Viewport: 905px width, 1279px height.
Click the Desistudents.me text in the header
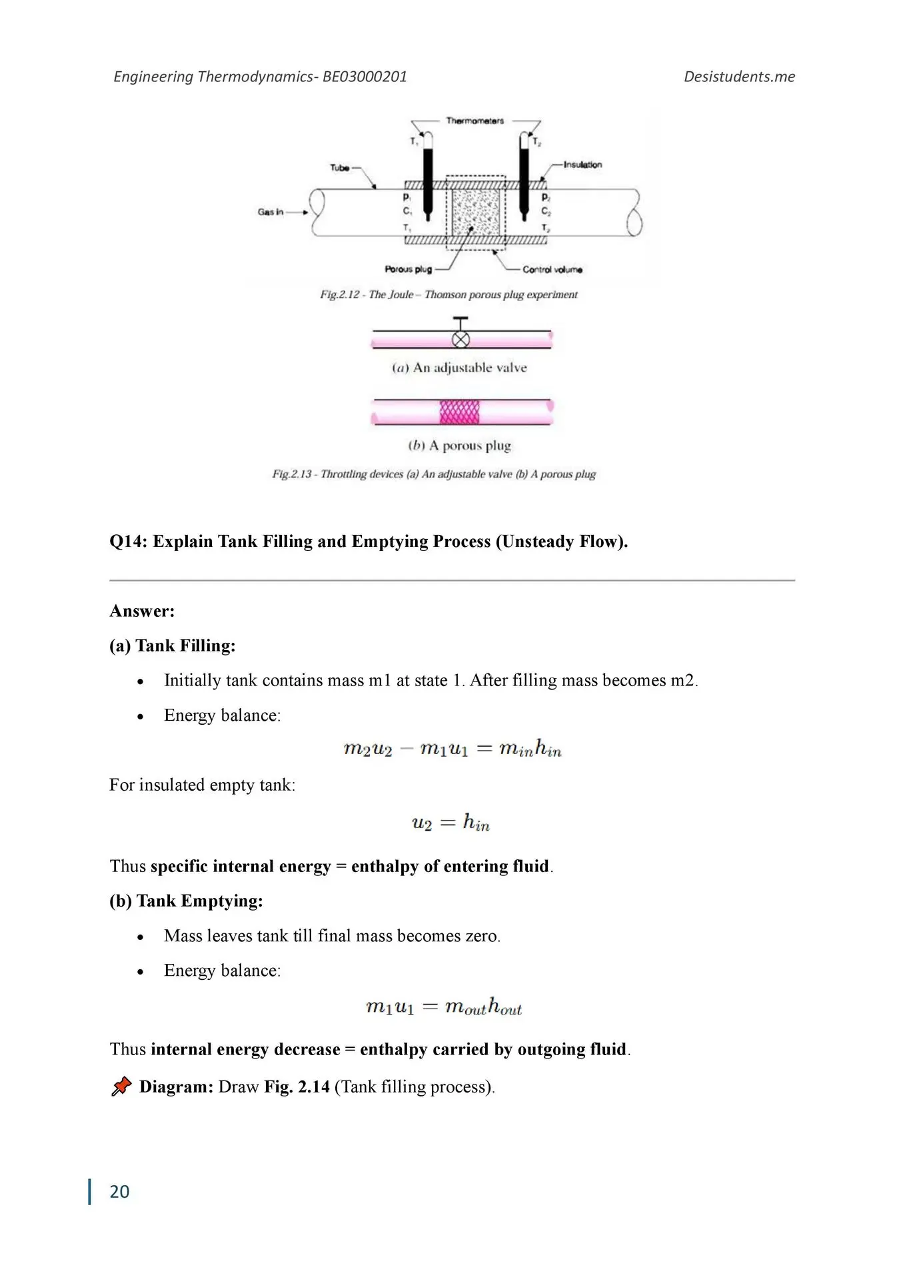pos(739,77)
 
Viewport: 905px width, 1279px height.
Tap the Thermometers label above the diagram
pos(474,121)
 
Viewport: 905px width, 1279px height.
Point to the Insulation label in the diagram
pos(582,165)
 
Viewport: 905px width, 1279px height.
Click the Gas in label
pos(271,212)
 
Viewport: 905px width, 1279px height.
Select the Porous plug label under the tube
pos(408,269)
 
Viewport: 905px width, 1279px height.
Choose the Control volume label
pos(552,270)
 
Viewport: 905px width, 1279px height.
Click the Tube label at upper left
pos(339,168)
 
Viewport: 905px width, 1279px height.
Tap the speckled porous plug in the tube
pos(476,211)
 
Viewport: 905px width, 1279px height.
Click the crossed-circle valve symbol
pos(460,339)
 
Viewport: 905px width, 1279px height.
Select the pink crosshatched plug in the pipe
pos(459,412)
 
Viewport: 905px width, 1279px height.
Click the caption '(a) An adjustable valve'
pos(459,368)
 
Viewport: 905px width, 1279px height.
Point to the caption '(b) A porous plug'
pos(459,446)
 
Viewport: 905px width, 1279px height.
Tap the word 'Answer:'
pos(142,611)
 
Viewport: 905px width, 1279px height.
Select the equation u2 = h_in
pos(451,823)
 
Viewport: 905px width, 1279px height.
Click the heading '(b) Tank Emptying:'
pos(186,901)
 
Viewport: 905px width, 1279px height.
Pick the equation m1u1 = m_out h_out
pos(444,1006)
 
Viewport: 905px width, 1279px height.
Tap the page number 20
pos(119,1191)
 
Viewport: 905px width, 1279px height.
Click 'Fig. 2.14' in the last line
pos(297,1086)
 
